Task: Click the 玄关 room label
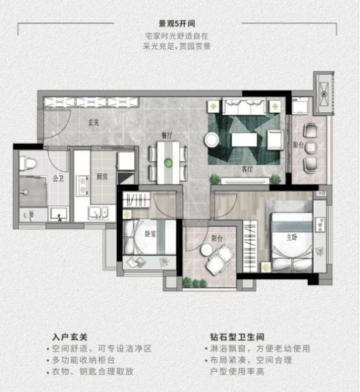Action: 94,122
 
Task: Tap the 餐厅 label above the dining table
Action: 167,135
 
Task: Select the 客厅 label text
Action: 247,169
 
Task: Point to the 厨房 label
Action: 102,177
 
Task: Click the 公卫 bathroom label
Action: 58,179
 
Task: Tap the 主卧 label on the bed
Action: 292,237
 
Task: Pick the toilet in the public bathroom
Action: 28,163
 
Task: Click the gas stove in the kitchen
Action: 83,185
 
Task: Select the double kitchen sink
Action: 98,213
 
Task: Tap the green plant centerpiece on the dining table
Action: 168,163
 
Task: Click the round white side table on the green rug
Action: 211,140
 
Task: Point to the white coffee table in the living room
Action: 245,140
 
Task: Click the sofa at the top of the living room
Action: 245,107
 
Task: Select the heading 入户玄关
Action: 70,337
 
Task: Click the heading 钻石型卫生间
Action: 237,337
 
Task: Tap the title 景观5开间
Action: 177,24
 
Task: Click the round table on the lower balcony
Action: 206,249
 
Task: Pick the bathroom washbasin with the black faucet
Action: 58,214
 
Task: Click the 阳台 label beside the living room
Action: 298,145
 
